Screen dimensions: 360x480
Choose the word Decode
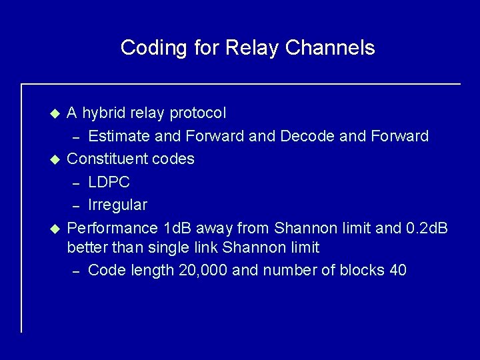(x=310, y=137)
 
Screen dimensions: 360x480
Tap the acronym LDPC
(x=109, y=181)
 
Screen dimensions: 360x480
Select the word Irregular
(x=118, y=203)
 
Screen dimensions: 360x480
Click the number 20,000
(x=205, y=270)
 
